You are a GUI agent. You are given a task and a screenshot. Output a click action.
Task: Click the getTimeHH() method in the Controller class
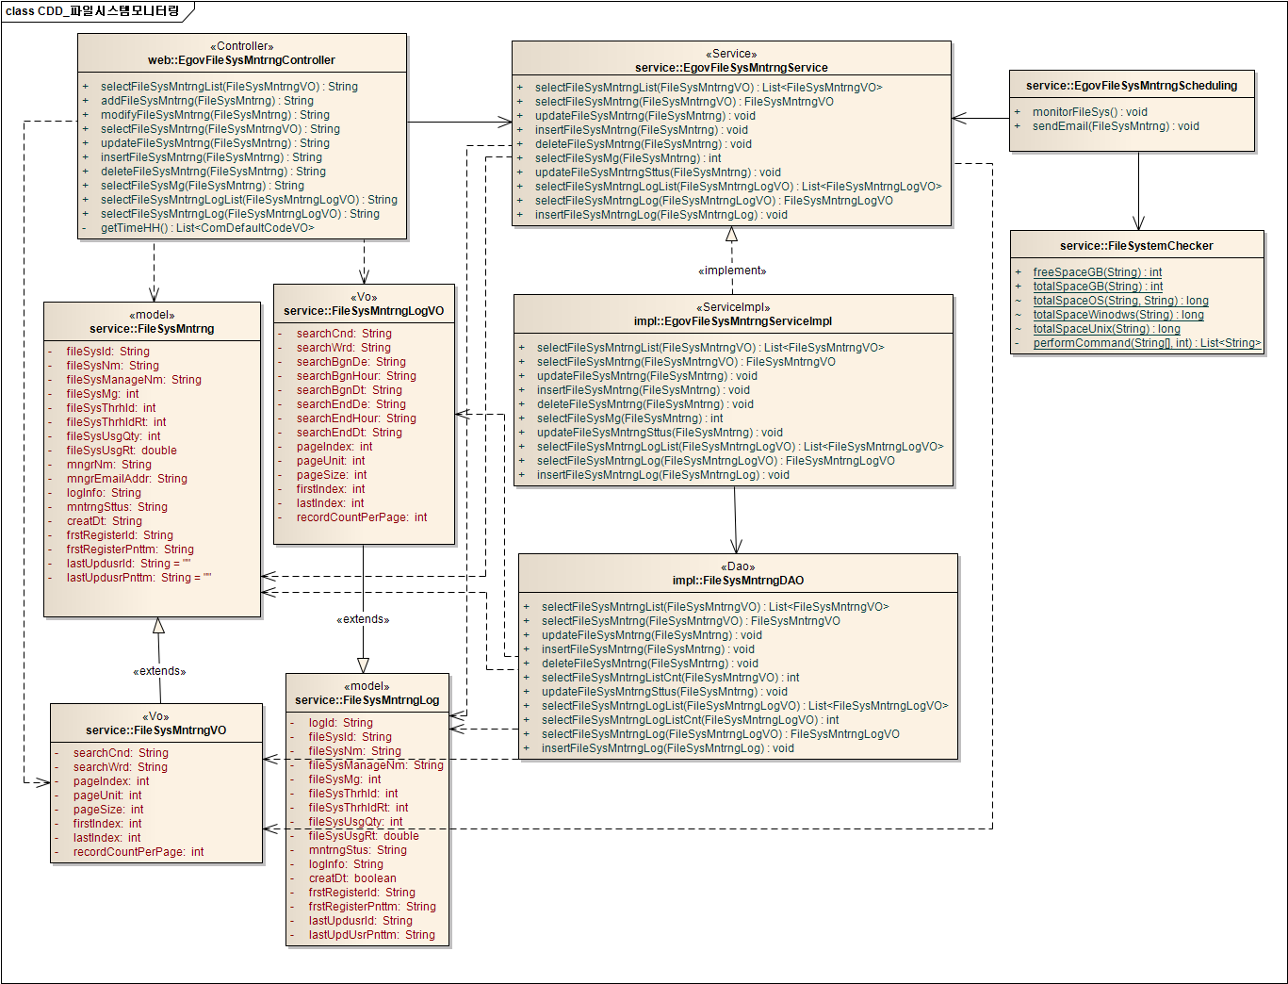pos(206,228)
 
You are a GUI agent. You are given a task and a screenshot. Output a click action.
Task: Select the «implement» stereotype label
pos(732,271)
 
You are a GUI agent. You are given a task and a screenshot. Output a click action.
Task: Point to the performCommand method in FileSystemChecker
pos(1146,343)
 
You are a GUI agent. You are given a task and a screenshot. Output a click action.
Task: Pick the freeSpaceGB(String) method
pos(1097,272)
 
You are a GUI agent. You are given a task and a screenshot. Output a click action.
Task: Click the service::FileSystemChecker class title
pos(1136,246)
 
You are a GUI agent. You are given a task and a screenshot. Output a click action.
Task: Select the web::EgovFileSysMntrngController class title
pos(241,60)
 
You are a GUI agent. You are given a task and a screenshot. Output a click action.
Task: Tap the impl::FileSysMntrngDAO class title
pos(738,581)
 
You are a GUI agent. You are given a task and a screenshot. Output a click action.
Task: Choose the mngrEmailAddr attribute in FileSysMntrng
pos(126,479)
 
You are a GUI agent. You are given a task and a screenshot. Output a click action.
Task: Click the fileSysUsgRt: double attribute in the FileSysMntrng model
pos(121,451)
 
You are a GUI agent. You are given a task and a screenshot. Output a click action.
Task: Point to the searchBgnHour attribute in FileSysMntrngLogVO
pos(355,376)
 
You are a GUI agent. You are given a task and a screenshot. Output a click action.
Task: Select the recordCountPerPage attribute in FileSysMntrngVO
pos(138,852)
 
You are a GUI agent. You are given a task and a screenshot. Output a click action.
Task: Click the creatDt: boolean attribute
pos(351,878)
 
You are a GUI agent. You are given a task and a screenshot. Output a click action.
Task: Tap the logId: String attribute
pos(340,723)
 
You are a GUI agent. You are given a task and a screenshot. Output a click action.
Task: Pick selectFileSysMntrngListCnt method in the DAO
pos(669,678)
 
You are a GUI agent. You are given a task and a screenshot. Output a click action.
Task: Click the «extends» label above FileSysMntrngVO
pos(159,671)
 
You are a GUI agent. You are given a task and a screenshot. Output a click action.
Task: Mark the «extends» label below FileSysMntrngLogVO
pos(363,619)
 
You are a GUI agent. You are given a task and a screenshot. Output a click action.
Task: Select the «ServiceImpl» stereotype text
pos(733,307)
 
